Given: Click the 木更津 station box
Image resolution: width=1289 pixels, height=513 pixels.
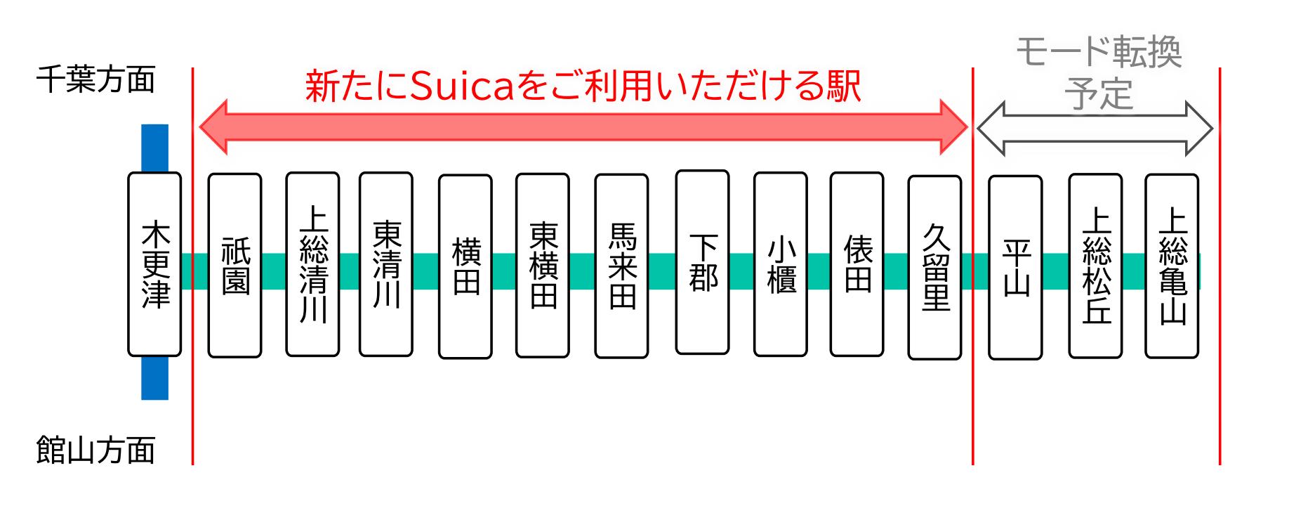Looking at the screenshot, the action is pos(154,264).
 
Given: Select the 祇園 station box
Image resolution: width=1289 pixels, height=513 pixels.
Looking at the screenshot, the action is pos(235,266).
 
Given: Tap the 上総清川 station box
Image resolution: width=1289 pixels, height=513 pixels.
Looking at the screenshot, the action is pos(312,264).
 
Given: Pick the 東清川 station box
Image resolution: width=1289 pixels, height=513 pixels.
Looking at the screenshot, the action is pos(385,264).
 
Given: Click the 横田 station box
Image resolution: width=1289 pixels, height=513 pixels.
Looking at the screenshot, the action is pos(465,266).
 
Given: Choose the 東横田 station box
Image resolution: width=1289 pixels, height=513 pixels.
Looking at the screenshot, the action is pos(543,266).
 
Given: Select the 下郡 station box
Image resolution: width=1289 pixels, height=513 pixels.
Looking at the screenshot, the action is pos(702,263).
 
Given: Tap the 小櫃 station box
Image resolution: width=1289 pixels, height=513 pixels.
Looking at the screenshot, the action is pos(780,264).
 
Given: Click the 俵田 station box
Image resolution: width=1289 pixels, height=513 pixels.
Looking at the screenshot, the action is pos(857,264).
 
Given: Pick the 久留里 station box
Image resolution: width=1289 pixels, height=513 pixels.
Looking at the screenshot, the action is pos(934,267).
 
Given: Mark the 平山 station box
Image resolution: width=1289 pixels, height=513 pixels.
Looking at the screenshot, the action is pos(1015,267).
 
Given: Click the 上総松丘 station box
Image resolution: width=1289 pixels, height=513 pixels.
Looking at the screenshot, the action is pos(1095,266).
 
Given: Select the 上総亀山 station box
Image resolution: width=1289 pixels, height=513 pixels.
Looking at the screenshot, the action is pos(1172,266).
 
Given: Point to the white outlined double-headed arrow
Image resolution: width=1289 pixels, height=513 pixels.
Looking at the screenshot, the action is pos(1095,129).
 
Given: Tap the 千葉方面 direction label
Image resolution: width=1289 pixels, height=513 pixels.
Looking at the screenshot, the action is pos(95,79).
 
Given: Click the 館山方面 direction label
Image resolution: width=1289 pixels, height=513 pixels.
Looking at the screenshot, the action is pos(95,450).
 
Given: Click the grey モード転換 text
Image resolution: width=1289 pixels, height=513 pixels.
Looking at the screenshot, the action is pos(1099,53).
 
